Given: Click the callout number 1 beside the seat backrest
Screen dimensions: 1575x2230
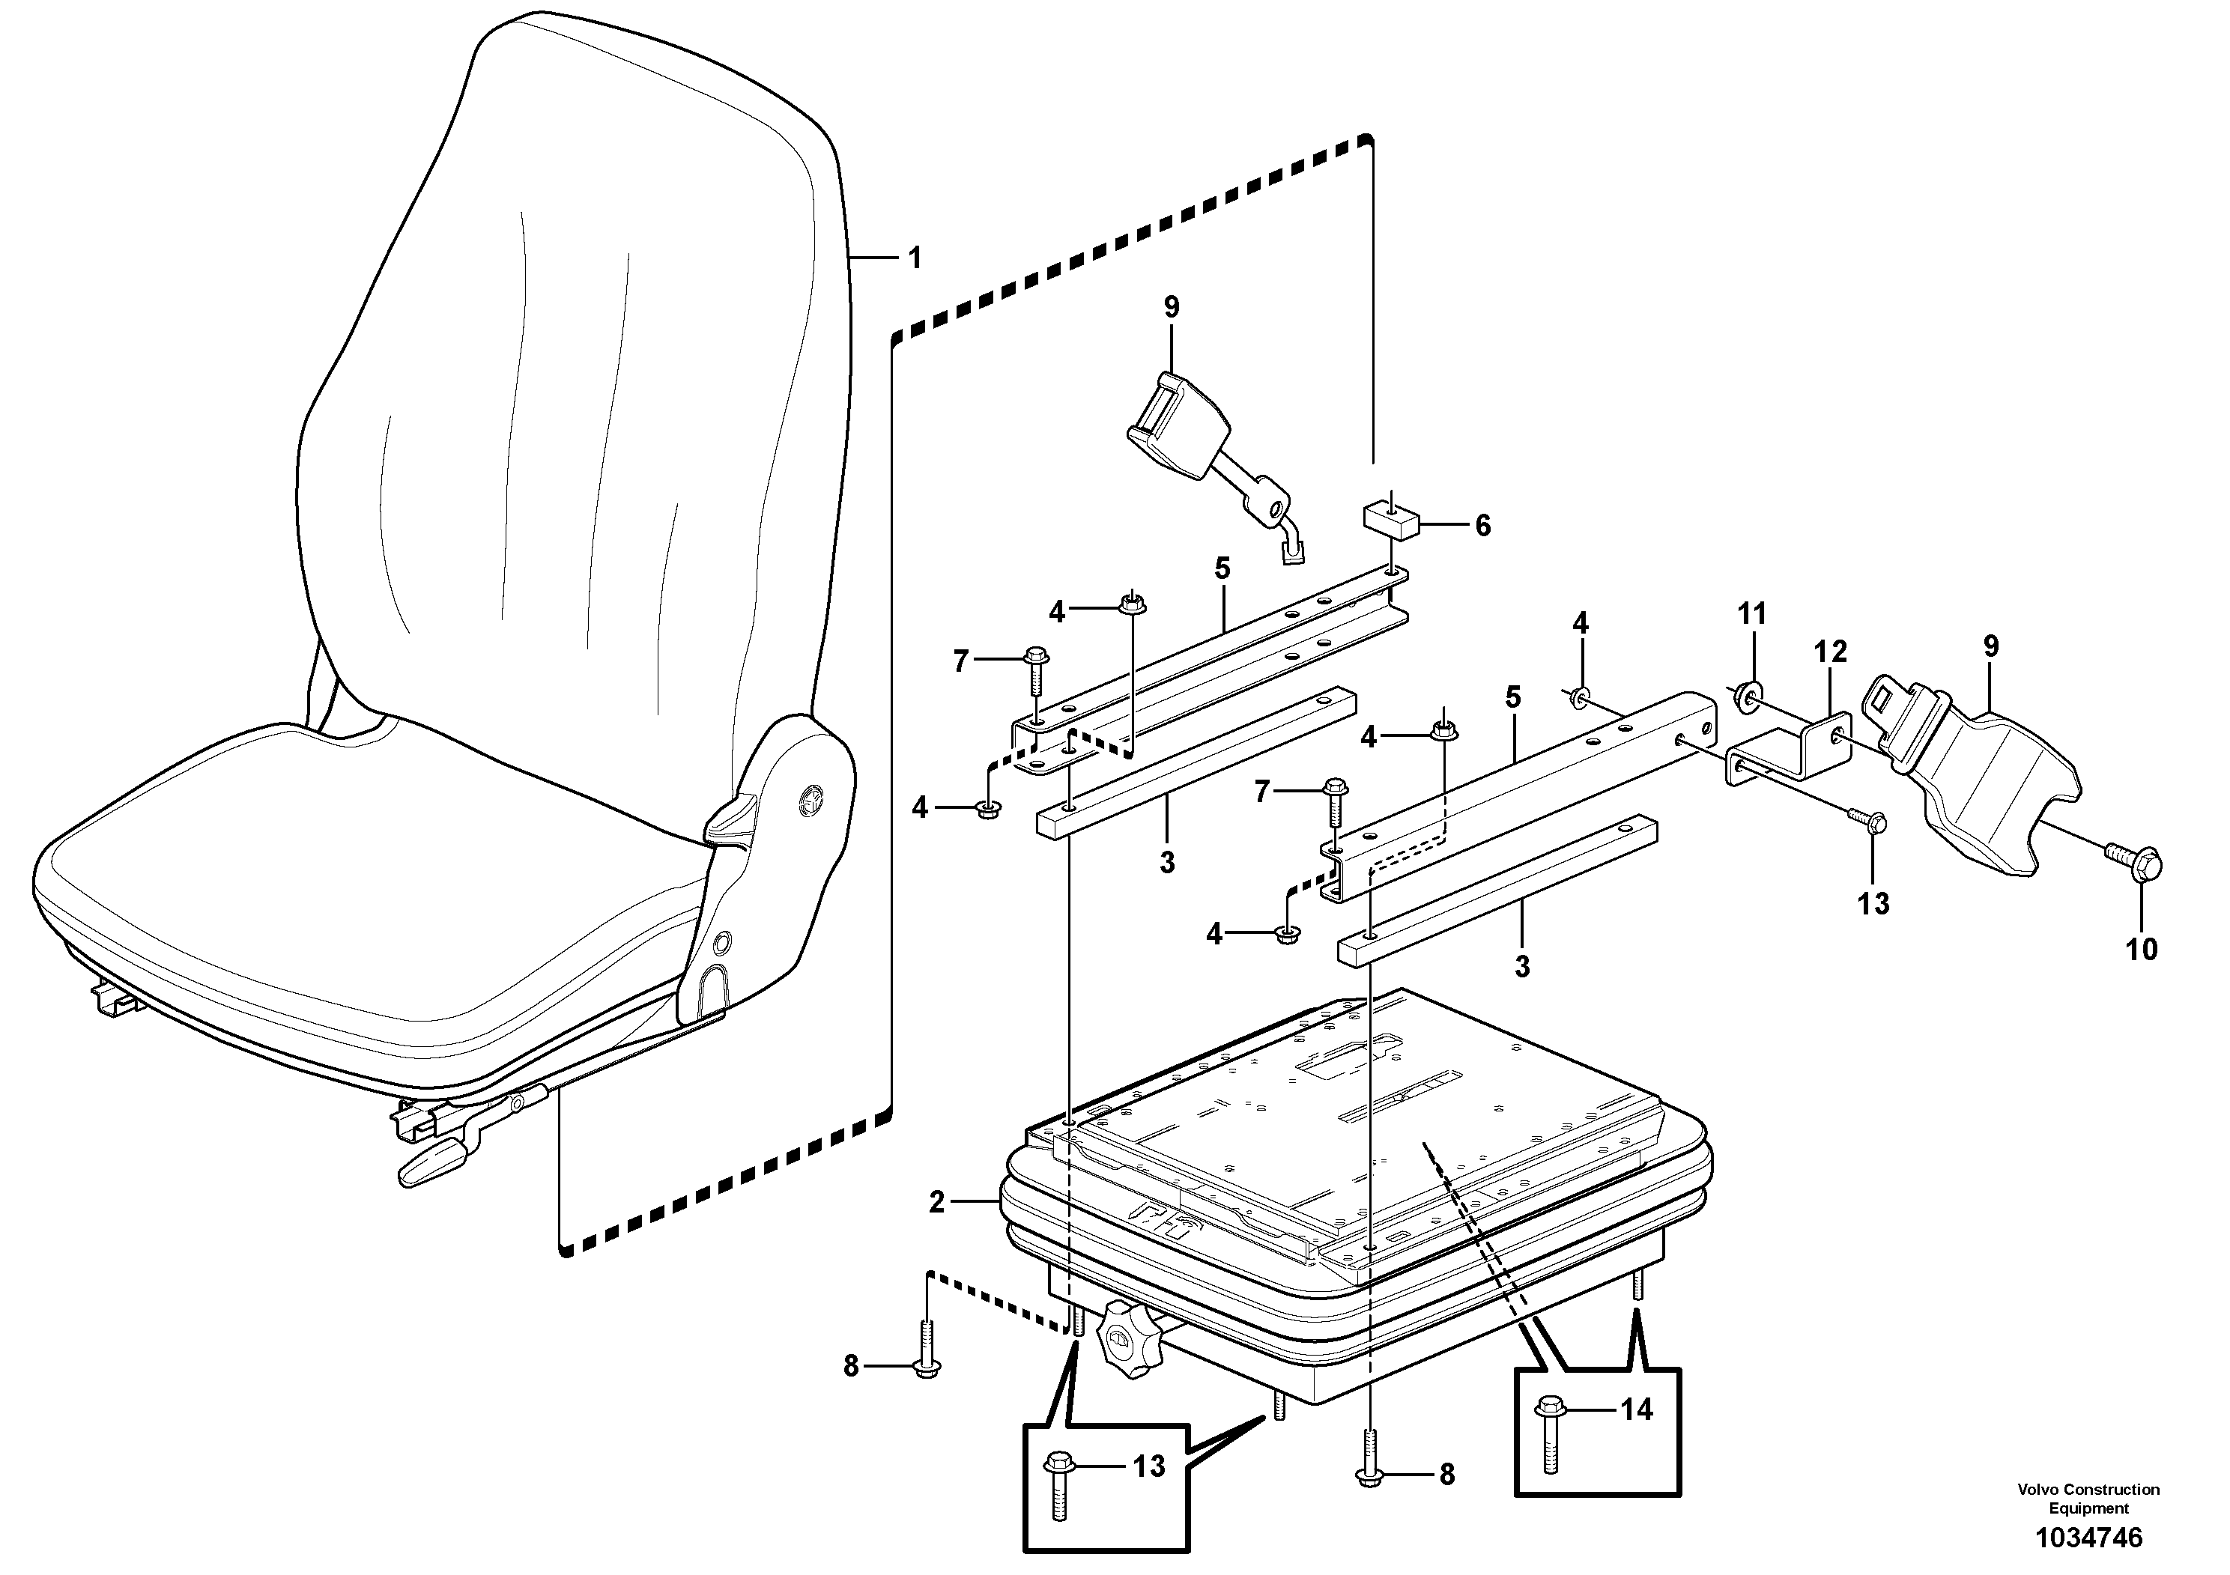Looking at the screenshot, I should point(914,258).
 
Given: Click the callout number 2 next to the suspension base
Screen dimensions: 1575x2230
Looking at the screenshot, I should point(936,1203).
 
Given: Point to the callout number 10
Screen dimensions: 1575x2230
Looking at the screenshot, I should point(2141,949).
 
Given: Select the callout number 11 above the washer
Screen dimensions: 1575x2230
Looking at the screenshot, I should point(1751,613).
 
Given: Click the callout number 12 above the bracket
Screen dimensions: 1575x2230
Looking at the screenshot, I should point(1831,651).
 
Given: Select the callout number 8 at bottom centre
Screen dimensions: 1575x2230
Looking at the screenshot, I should point(1446,1475).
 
